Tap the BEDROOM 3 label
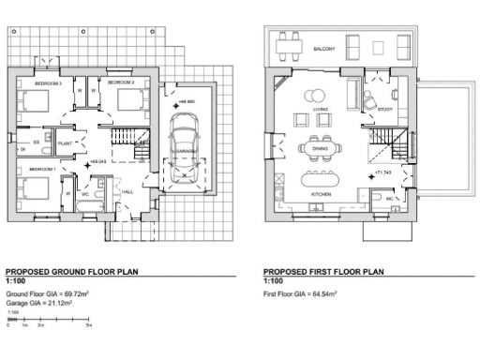click(48, 83)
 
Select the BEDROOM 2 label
click(121, 83)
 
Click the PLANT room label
click(66, 142)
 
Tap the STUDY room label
click(385, 109)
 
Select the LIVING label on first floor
click(320, 109)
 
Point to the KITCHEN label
click(321, 195)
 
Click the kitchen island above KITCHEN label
click(320, 178)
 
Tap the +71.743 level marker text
click(382, 173)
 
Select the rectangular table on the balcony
click(288, 45)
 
